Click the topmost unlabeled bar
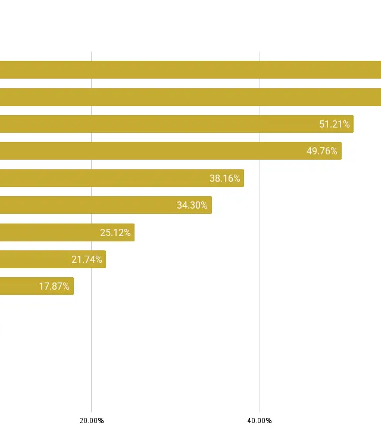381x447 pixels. click(190, 70)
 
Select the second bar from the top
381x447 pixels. click(190, 97)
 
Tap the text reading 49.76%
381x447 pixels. click(322, 151)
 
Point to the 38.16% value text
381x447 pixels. click(225, 178)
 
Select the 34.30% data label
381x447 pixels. click(192, 205)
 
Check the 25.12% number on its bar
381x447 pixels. click(115, 232)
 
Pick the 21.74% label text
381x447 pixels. click(87, 259)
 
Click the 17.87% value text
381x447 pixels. click(54, 286)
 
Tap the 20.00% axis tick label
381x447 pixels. click(92, 420)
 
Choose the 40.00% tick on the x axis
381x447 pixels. click(260, 420)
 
